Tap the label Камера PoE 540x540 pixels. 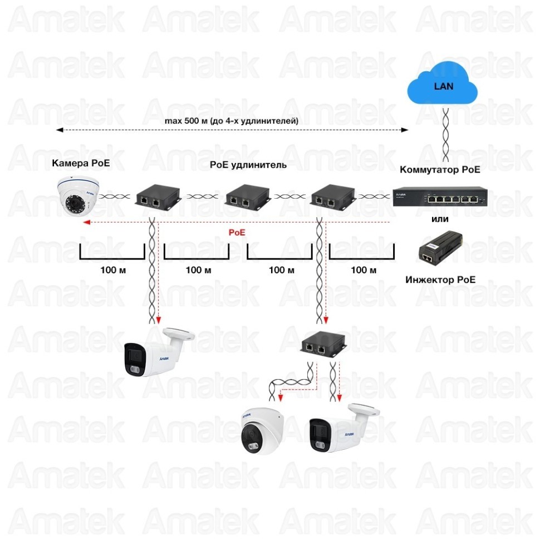pyautogui.click(x=81, y=163)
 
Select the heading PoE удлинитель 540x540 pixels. pyautogui.click(x=248, y=165)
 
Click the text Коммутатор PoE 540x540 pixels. pyautogui.click(x=440, y=170)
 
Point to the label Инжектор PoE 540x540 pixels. pyautogui.click(x=440, y=279)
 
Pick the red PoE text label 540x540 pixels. pyautogui.click(x=237, y=232)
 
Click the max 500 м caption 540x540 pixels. pyautogui.click(x=231, y=120)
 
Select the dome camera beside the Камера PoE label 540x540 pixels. pyautogui.click(x=77, y=195)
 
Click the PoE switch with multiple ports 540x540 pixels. pyautogui.click(x=440, y=197)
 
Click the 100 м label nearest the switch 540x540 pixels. pyautogui.click(x=364, y=270)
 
